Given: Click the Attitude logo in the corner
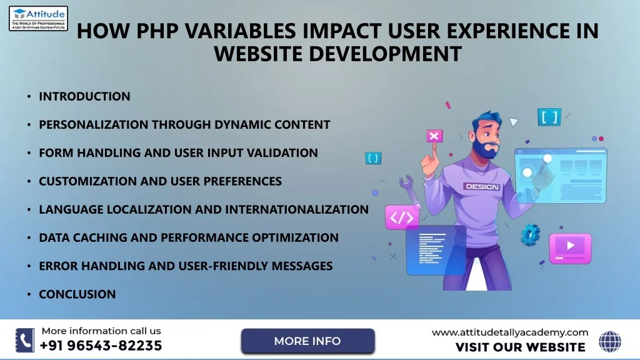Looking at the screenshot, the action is click(x=38, y=18).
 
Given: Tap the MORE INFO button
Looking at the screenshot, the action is click(x=307, y=341).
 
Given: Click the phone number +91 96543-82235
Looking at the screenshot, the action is click(x=101, y=346).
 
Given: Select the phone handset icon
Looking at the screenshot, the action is click(x=25, y=340).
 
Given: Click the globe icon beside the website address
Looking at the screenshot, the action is click(x=610, y=341).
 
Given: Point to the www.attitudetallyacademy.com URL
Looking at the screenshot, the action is click(x=510, y=332).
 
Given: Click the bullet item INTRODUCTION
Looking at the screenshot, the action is click(x=84, y=96).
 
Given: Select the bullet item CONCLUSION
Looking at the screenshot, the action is click(x=77, y=294).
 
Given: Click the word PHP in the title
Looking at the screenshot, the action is click(x=157, y=31).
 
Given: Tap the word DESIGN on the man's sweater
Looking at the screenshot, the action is click(x=482, y=186).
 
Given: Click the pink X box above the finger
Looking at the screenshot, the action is click(x=434, y=136).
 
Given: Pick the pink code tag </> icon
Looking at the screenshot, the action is click(x=402, y=217).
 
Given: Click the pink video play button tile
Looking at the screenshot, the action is click(x=570, y=248).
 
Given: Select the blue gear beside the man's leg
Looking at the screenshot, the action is click(x=531, y=235).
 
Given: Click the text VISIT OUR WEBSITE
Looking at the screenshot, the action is click(x=521, y=347).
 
